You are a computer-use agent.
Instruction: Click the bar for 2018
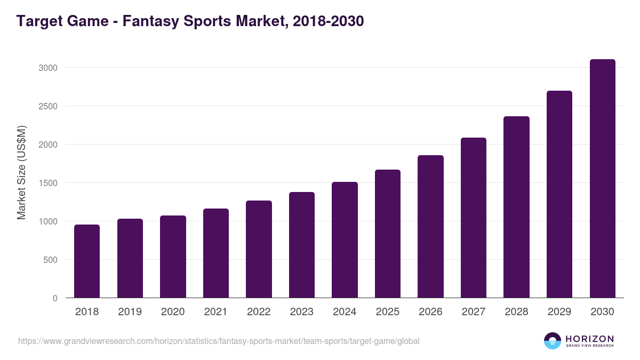click(x=87, y=261)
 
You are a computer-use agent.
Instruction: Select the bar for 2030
click(x=602, y=179)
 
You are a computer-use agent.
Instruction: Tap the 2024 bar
click(x=345, y=240)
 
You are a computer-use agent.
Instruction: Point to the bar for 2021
click(x=216, y=253)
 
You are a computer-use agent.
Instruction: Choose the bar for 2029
click(x=559, y=195)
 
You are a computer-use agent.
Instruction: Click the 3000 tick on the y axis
click(x=47, y=68)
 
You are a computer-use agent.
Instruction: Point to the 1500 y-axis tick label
click(x=47, y=183)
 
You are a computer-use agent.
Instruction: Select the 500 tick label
click(x=50, y=260)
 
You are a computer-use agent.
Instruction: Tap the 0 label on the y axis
click(x=55, y=298)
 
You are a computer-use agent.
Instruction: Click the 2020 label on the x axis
click(x=173, y=312)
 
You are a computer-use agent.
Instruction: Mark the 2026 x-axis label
click(x=430, y=312)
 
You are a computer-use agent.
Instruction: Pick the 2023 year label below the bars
click(x=302, y=312)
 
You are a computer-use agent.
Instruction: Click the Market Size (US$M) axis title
click(x=21, y=172)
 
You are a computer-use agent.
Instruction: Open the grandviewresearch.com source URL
click(x=219, y=341)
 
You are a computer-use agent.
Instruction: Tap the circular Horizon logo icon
click(x=553, y=341)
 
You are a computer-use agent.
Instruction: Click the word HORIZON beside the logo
click(x=589, y=339)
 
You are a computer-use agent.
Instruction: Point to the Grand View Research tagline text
click(x=589, y=346)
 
